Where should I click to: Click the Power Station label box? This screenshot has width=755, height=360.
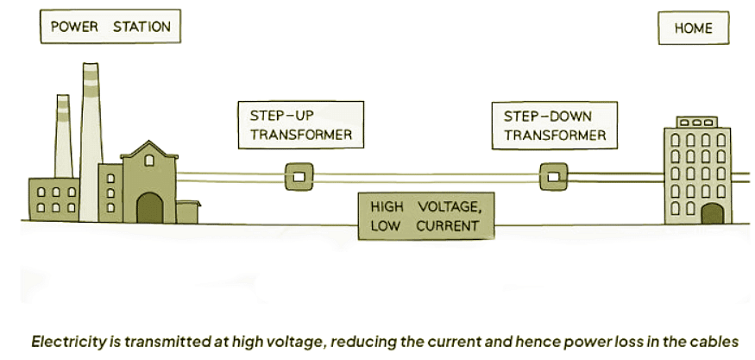(x=110, y=27)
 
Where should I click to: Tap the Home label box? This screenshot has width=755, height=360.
(x=693, y=28)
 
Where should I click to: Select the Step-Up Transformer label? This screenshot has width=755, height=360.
(x=300, y=125)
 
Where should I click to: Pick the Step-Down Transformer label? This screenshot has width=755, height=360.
(x=555, y=124)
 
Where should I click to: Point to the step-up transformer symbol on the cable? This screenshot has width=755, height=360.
(x=299, y=177)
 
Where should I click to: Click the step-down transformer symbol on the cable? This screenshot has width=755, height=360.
(x=552, y=177)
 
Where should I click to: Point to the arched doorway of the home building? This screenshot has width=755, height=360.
(x=712, y=213)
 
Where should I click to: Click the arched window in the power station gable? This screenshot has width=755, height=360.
(x=149, y=160)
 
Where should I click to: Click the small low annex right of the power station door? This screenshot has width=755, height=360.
(x=187, y=212)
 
